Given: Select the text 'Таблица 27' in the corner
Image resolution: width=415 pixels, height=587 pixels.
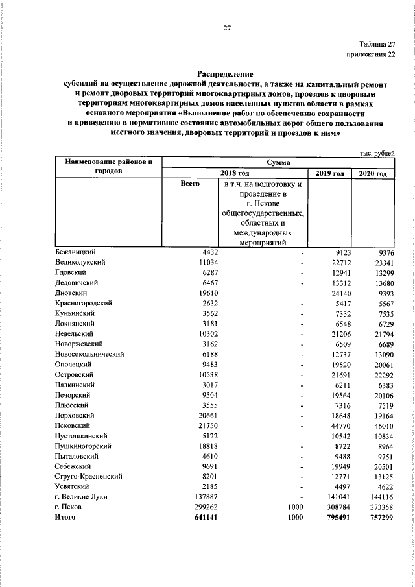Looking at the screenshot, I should (374, 43).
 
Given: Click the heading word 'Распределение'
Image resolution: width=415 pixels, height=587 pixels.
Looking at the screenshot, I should (225, 75).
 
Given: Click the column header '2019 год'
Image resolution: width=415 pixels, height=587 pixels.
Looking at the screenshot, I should (331, 174).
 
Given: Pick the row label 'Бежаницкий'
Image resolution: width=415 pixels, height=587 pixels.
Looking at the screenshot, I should (76, 252).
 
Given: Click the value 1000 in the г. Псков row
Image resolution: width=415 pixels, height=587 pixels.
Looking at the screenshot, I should (295, 507).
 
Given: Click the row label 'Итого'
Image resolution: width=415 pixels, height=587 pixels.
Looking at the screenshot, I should (65, 518).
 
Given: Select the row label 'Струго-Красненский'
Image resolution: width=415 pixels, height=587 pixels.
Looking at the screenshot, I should (89, 477).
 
